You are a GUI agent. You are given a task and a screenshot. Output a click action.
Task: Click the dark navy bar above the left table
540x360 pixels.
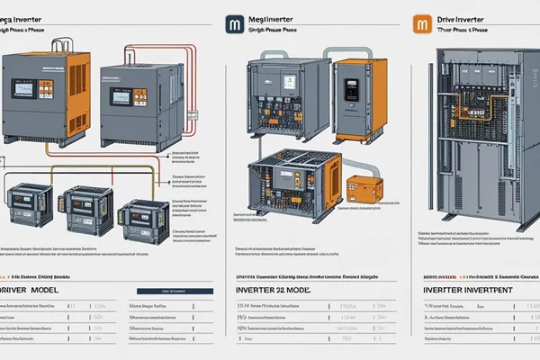(173, 291)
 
